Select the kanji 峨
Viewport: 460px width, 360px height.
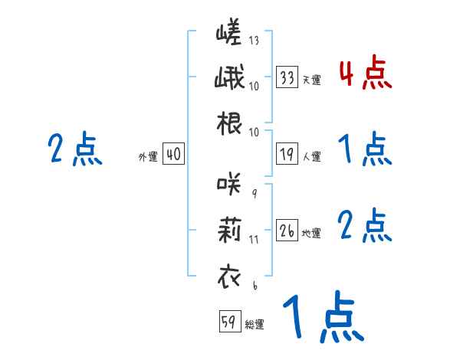tap(228, 80)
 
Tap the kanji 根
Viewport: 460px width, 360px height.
tap(228, 125)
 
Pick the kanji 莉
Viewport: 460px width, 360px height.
tap(228, 230)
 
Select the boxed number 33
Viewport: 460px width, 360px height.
tap(287, 77)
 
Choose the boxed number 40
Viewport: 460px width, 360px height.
tap(173, 155)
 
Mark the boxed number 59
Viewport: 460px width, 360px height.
tap(229, 322)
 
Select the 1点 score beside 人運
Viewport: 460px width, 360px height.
tap(364, 150)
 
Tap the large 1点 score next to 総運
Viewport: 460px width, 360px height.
tap(322, 318)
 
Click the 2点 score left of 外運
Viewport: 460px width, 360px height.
tap(74, 149)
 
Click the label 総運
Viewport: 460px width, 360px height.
tap(254, 324)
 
